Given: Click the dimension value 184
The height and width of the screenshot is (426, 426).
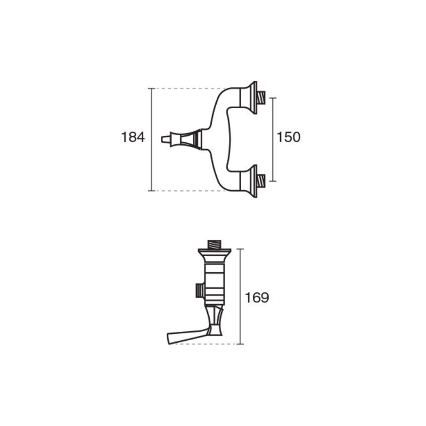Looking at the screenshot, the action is [133, 137].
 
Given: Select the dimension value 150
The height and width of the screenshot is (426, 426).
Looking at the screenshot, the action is [288, 137].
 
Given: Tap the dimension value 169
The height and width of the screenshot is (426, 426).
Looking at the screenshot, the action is [257, 298].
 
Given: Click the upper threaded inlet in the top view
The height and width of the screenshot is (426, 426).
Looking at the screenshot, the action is [261, 98].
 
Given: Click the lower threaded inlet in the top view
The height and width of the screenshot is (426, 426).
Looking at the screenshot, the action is [261, 181].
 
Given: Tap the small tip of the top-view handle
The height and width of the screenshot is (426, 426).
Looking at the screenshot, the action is [166, 140].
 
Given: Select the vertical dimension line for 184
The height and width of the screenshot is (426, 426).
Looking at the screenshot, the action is [152, 140].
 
